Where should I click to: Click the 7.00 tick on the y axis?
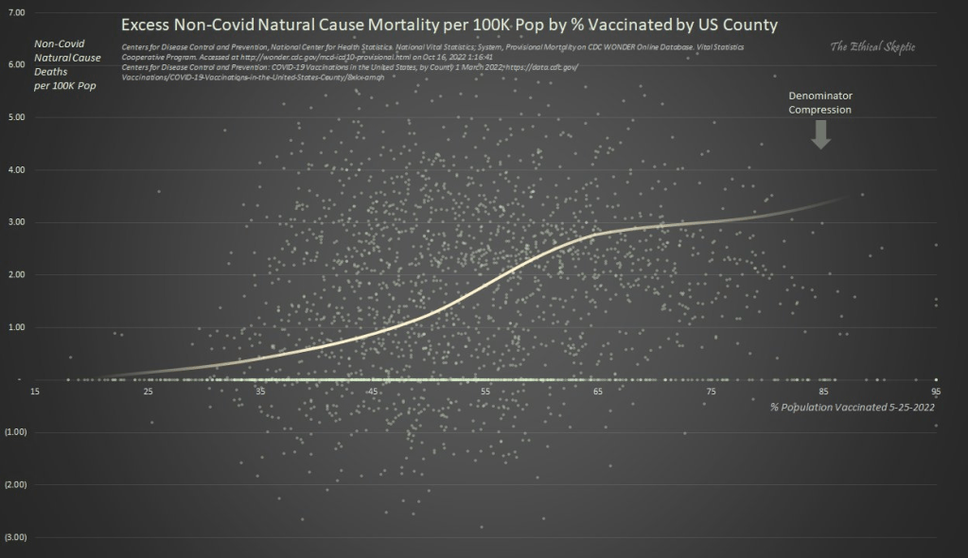point(17,13)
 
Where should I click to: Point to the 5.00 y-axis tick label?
point(17,117)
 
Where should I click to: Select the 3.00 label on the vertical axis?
point(17,222)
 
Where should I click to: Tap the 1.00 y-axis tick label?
point(17,327)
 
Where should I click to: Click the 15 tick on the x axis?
point(35,392)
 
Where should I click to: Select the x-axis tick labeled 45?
point(373,392)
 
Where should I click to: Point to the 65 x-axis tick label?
point(598,392)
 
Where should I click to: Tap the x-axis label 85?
point(823,392)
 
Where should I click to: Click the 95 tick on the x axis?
point(936,392)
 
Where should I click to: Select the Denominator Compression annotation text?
point(821,102)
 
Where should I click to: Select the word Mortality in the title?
point(402,22)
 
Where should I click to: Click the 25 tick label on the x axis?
point(149,392)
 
